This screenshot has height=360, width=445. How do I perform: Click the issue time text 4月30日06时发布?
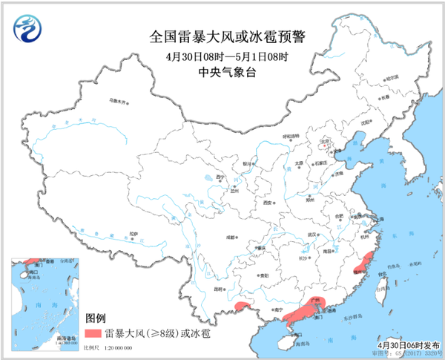pyautogui.click(x=408, y=345)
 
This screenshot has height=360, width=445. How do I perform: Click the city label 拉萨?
pyautogui.click(x=133, y=234)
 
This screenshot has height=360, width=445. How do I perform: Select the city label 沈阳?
pyautogui.click(x=364, y=124)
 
